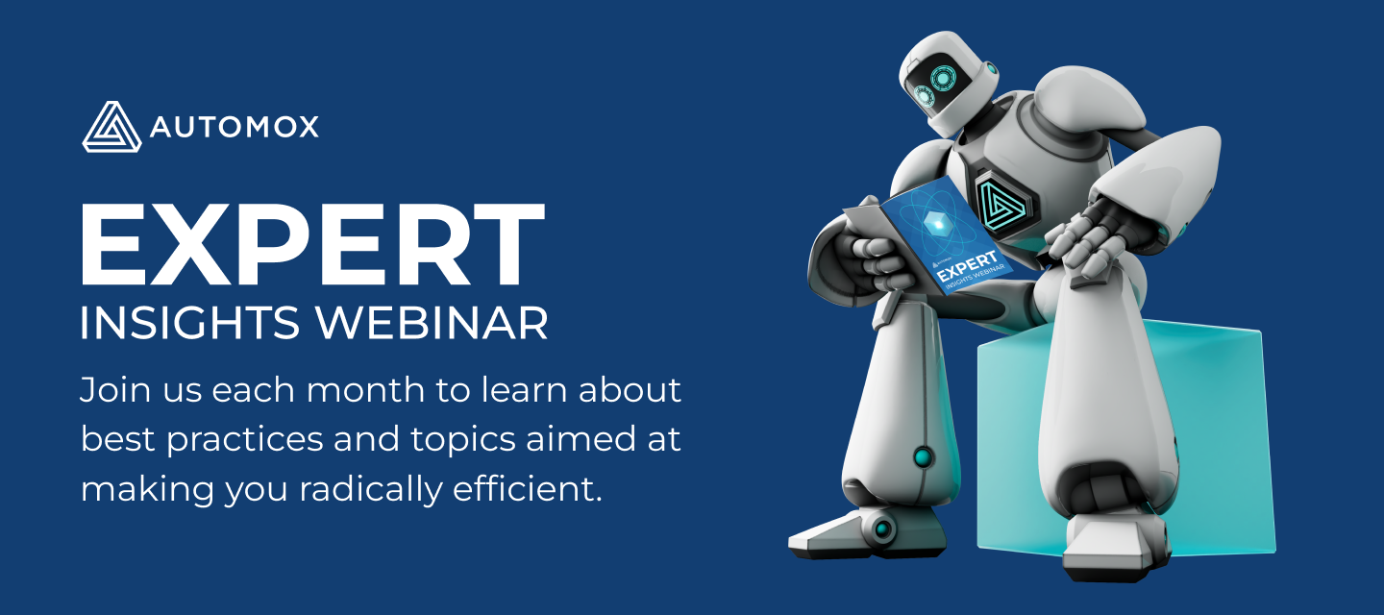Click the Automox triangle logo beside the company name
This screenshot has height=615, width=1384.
(111, 127)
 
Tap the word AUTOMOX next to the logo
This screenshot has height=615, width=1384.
(235, 127)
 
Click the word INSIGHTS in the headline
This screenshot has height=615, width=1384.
(189, 322)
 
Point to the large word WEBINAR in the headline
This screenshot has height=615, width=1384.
(432, 322)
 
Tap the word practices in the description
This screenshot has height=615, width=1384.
(245, 441)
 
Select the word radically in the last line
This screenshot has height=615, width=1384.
(371, 488)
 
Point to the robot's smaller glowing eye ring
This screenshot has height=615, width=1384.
(924, 96)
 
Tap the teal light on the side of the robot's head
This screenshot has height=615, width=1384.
(991, 67)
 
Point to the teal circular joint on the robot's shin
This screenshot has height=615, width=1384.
(923, 457)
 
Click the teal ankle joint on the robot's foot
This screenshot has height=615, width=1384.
(882, 529)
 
